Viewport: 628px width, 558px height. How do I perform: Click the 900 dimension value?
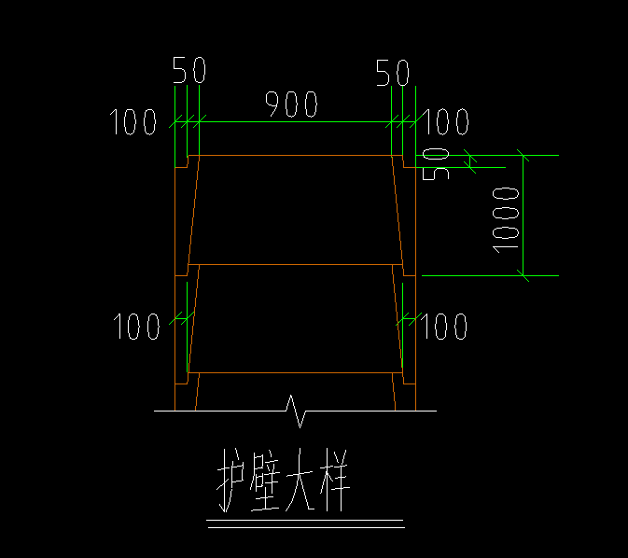[x=291, y=105]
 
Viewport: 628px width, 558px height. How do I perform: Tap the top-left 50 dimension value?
[x=189, y=70]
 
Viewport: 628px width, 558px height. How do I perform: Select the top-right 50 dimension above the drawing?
[x=393, y=73]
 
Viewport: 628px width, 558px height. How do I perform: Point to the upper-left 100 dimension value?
[x=133, y=122]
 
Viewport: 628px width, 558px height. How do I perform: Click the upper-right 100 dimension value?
[x=445, y=122]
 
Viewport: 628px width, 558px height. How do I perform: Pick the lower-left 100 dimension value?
[x=136, y=327]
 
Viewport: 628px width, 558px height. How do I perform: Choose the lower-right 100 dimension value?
[x=444, y=327]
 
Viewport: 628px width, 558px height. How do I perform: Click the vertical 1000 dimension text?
[x=506, y=220]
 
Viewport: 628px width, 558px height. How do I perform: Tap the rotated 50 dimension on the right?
[x=436, y=164]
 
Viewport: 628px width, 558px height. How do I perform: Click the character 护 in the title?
[x=230, y=480]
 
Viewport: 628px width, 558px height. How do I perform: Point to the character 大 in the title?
[x=300, y=480]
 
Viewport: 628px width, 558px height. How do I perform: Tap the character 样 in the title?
[x=335, y=480]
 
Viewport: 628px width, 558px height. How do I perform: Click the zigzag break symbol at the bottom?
[x=296, y=411]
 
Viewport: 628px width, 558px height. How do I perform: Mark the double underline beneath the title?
[x=305, y=524]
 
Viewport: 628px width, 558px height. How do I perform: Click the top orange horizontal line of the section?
[x=295, y=156]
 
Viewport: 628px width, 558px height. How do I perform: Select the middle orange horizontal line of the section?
[x=295, y=264]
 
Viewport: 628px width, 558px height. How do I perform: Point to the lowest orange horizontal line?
[x=295, y=373]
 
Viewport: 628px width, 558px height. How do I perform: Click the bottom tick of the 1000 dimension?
[x=523, y=275]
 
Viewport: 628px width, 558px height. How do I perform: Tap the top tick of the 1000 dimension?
[x=523, y=156]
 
